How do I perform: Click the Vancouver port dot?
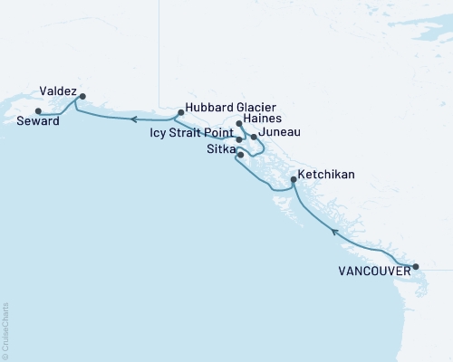[x=416, y=267]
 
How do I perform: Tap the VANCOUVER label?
[x=372, y=271]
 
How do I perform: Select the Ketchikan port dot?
[x=293, y=180]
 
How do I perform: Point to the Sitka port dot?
[x=240, y=155]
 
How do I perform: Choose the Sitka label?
[x=217, y=148]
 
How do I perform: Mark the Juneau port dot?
[x=254, y=137]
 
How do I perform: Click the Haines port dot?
[x=238, y=123]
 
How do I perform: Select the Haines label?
[x=264, y=118]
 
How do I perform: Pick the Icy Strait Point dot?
[x=238, y=140]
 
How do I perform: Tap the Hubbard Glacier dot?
[x=181, y=112]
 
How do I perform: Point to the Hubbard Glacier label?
[x=226, y=105]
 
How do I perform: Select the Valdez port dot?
[x=82, y=96]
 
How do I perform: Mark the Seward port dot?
[x=37, y=111]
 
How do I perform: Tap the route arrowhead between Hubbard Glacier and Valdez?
[x=132, y=119]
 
